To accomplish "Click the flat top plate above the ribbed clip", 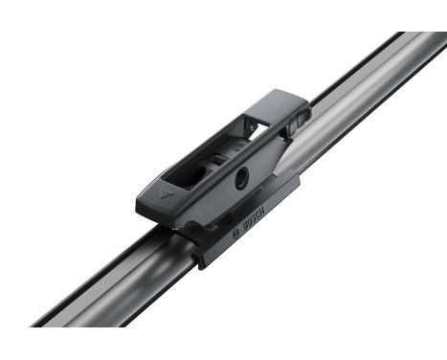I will coord(278,100).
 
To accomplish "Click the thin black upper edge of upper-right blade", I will coord(364,56).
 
